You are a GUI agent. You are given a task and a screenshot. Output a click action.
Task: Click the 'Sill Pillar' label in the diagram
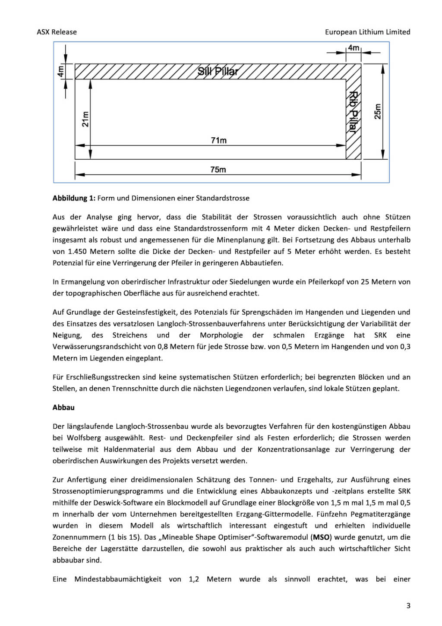(x=218, y=71)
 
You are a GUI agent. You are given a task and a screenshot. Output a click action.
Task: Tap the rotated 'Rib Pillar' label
(x=353, y=112)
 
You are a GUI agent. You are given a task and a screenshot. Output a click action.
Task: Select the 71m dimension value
(x=218, y=140)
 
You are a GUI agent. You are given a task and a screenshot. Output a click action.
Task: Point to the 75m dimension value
(x=218, y=170)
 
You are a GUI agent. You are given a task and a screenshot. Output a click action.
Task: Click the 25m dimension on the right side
(x=378, y=112)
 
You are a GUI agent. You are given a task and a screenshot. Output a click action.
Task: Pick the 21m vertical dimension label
(x=85, y=119)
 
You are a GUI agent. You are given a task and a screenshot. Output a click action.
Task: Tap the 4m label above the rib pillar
(x=354, y=48)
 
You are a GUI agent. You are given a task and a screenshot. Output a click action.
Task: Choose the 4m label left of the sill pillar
(x=61, y=71)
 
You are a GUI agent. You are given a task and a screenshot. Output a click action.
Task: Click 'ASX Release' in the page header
(x=57, y=32)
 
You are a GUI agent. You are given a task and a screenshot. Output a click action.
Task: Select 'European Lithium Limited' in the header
(x=367, y=32)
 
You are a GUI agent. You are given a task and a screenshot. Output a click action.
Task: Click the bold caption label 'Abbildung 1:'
(x=74, y=198)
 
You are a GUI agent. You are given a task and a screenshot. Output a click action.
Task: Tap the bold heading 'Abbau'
(x=63, y=408)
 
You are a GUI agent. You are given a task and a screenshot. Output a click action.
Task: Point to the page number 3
(x=408, y=606)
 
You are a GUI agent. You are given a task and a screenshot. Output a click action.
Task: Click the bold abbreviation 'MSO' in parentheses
(x=322, y=537)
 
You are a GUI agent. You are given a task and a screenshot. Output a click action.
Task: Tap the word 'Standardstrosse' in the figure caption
(x=223, y=198)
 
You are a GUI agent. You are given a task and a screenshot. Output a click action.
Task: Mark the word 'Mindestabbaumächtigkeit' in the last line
(x=118, y=579)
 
